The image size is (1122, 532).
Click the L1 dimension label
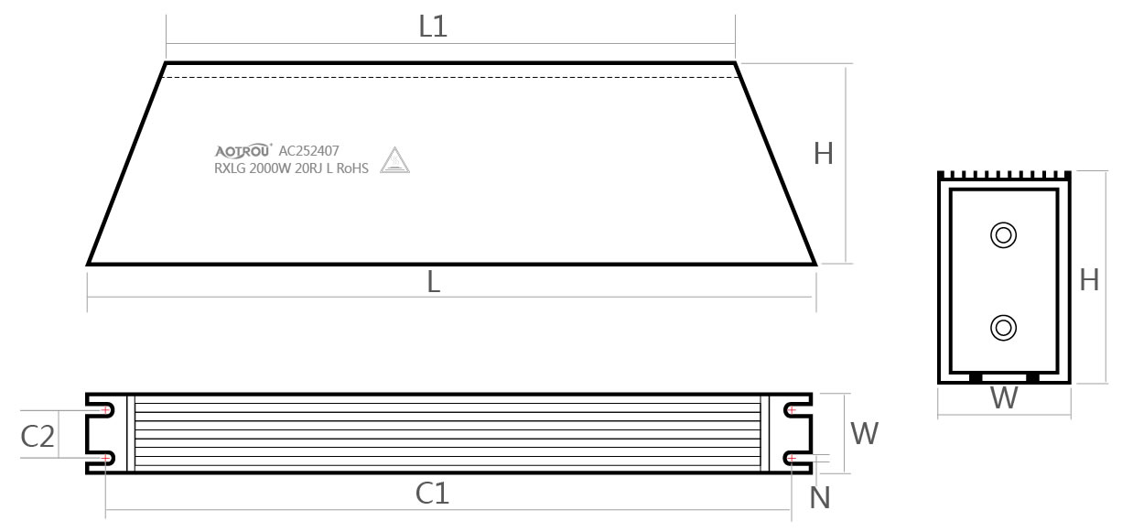pyautogui.click(x=433, y=27)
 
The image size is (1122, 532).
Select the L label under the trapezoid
pyautogui.click(x=434, y=283)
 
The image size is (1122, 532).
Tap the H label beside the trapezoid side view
pyautogui.click(x=824, y=154)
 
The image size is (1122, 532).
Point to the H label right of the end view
pyautogui.click(x=1089, y=280)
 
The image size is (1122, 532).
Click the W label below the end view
pyautogui.click(x=1004, y=399)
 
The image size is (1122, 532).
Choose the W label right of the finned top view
pyautogui.click(x=864, y=433)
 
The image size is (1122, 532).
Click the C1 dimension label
pyautogui.click(x=432, y=494)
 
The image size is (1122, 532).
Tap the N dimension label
pyautogui.click(x=821, y=497)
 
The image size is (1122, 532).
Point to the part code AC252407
pyautogui.click(x=309, y=151)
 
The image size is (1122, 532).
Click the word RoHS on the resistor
pyautogui.click(x=352, y=168)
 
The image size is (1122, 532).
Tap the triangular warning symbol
pyautogui.click(x=395, y=161)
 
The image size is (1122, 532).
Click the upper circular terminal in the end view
pyautogui.click(x=1004, y=234)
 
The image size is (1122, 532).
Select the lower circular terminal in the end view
pyautogui.click(x=1004, y=327)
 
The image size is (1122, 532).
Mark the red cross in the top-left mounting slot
pyautogui.click(x=107, y=410)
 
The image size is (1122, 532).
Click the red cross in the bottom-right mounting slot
pyautogui.click(x=792, y=457)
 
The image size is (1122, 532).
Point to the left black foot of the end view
pyautogui.click(x=976, y=376)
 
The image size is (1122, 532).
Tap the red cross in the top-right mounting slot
pyautogui.click(x=792, y=410)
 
